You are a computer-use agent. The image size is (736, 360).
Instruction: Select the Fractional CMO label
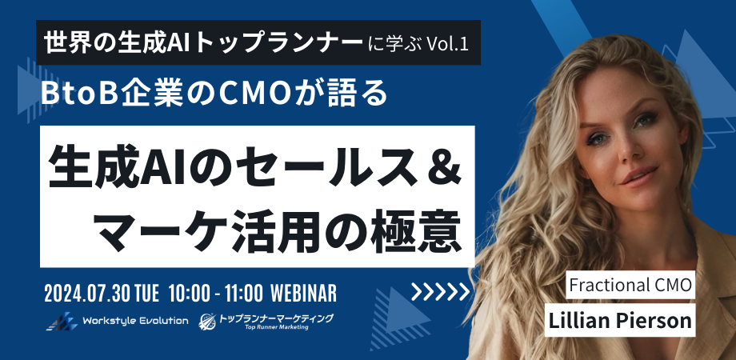[630, 284]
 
